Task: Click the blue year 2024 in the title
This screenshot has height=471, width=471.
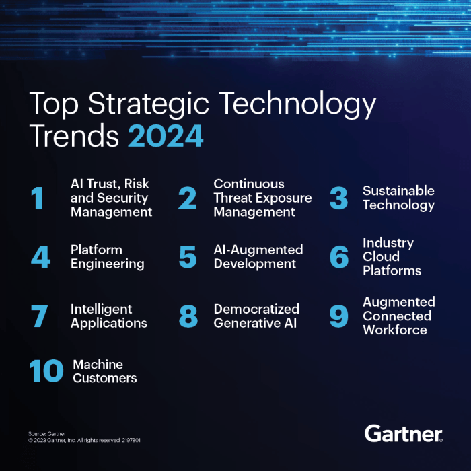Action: [166, 136]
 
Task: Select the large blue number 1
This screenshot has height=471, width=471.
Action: [38, 198]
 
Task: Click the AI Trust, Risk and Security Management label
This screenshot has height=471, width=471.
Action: [111, 198]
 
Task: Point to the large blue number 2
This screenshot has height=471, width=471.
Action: [188, 198]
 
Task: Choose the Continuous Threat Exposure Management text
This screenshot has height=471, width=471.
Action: [262, 198]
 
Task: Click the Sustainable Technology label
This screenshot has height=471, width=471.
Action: [398, 198]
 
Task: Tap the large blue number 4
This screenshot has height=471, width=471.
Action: [40, 257]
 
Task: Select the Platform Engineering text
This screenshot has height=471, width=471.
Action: [107, 257]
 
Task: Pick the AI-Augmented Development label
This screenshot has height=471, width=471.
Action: [258, 257]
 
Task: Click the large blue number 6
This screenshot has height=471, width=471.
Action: [338, 257]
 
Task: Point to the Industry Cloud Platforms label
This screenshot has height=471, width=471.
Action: [392, 257]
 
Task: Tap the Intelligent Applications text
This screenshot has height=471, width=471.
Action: [108, 316]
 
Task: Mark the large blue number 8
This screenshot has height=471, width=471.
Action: [188, 316]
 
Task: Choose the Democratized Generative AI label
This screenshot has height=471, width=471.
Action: [256, 316]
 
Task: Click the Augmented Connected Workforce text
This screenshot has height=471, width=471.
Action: [398, 316]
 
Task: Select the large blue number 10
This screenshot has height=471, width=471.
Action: [46, 371]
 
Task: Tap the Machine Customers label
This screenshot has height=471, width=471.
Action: [104, 371]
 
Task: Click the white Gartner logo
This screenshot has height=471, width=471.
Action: [403, 433]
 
